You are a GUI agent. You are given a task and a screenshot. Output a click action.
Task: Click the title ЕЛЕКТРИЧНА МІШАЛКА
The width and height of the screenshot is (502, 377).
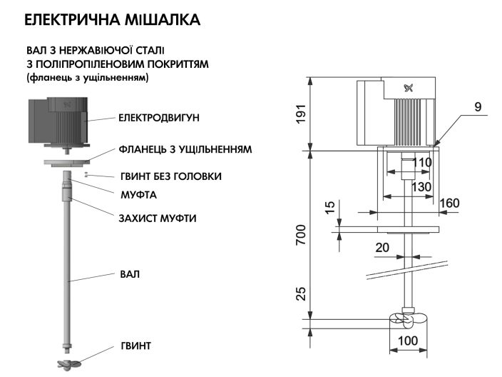coord(112,20)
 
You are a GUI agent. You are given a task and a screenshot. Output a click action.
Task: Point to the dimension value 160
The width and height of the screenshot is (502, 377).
coord(449,203)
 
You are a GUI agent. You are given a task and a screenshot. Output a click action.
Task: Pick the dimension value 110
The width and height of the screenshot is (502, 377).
coord(422,163)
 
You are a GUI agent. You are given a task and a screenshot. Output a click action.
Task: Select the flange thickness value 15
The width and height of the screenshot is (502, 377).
coord(329,208)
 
